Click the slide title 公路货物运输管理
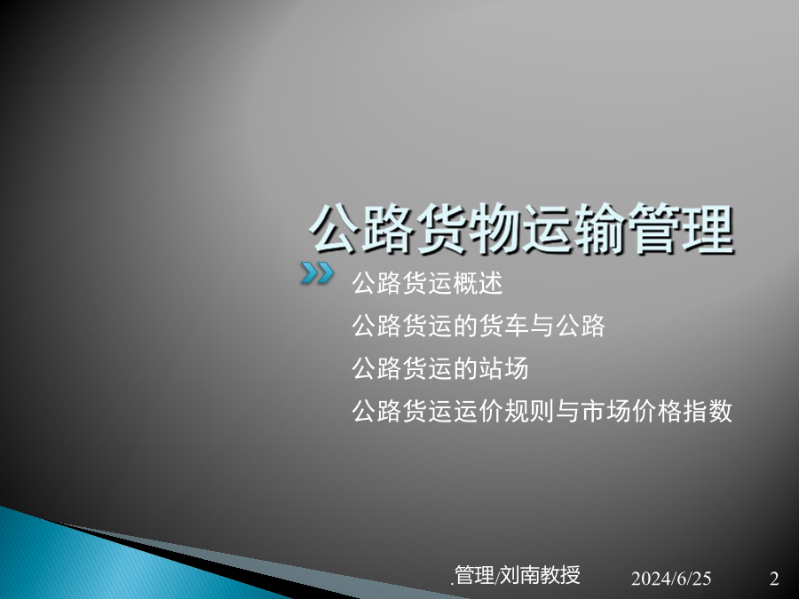pos(521,229)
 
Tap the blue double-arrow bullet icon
pos(317,273)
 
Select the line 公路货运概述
pos(427,283)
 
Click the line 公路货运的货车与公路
pos(478,326)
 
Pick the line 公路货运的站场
pos(439,368)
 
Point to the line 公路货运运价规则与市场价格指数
pos(542,411)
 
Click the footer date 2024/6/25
pos(670,578)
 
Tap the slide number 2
pos(774,578)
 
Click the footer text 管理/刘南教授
pos(517,575)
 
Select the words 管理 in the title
pos(681,229)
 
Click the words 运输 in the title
pos(574,229)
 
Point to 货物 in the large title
pos(468,229)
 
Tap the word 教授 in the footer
pos(559,575)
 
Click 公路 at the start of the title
pos(362,229)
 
